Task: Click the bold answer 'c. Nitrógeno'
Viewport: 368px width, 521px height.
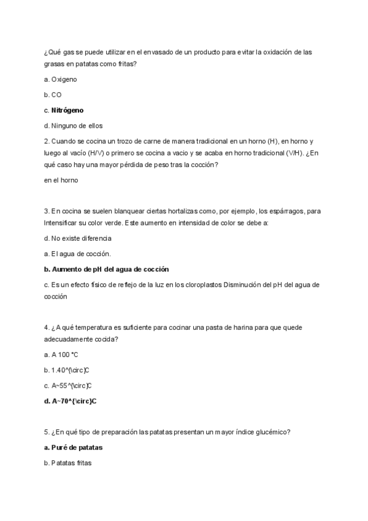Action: tap(64, 111)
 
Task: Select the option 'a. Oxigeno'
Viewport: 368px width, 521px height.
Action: tap(60, 79)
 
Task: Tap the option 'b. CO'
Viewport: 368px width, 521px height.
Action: tap(53, 95)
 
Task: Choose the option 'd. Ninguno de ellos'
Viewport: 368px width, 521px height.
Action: tap(73, 126)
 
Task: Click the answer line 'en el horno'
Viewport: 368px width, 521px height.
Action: tap(61, 180)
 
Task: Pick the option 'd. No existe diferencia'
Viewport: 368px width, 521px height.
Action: tap(78, 238)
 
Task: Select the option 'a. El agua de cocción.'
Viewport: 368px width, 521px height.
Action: tap(77, 254)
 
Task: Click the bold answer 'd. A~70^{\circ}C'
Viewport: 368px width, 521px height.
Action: tap(71, 401)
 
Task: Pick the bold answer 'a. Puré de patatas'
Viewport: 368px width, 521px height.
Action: tap(73, 447)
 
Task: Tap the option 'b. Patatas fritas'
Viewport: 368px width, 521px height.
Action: tap(67, 463)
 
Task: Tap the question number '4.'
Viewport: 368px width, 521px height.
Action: tap(47, 327)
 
